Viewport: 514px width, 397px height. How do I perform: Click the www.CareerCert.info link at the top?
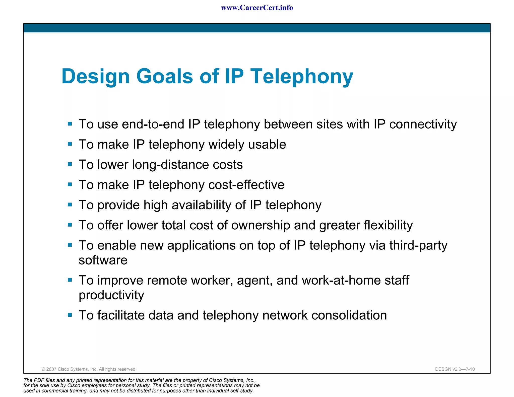257,8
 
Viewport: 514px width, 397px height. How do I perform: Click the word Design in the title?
95,77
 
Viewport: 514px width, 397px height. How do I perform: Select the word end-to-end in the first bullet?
153,124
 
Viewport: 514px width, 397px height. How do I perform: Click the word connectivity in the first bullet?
423,124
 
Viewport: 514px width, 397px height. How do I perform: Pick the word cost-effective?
246,185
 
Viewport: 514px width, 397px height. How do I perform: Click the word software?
103,260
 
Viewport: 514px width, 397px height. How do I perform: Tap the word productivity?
111,295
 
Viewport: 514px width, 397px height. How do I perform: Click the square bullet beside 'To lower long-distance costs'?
70,164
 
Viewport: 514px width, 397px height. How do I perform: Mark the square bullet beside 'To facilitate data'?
70,315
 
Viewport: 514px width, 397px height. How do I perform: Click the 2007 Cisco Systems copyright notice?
89,369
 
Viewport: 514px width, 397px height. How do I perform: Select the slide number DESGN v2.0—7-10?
455,369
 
